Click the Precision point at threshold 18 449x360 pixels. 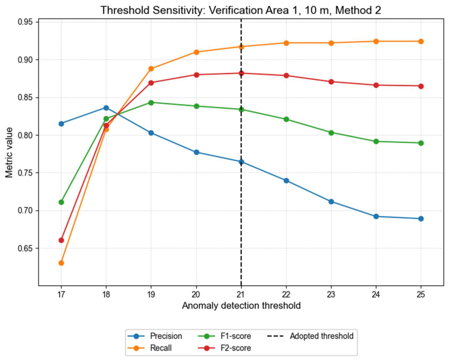pyautogui.click(x=106, y=108)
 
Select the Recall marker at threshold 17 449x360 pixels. pyautogui.click(x=61, y=263)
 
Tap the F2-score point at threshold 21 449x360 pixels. pyautogui.click(x=241, y=73)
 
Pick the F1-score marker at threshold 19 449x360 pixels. pyautogui.click(x=151, y=102)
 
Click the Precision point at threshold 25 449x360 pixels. pyautogui.click(x=421, y=219)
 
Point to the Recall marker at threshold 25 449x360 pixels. pyautogui.click(x=421, y=41)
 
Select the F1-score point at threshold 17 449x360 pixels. pyautogui.click(x=61, y=202)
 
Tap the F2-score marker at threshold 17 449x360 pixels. pyautogui.click(x=61, y=240)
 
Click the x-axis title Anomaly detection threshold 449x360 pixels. pyautogui.click(x=241, y=306)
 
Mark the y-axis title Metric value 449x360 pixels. pyautogui.click(x=9, y=152)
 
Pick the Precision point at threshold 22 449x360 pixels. pyautogui.click(x=286, y=181)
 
